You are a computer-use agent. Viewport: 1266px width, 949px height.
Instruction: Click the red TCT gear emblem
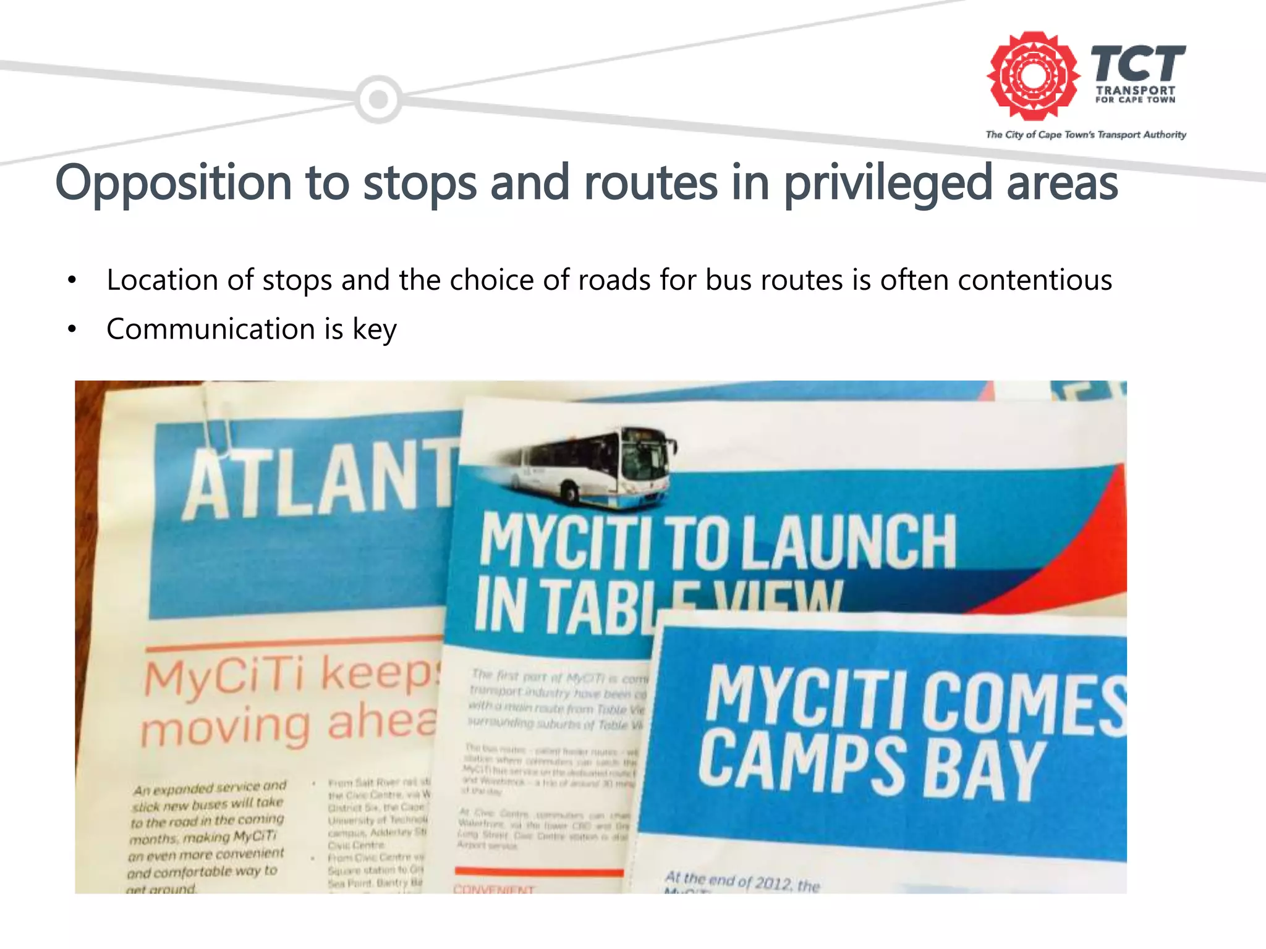point(1032,75)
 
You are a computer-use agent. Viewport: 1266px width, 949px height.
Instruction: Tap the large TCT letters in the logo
point(1137,63)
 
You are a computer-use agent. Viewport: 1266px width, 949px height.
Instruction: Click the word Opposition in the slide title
point(173,183)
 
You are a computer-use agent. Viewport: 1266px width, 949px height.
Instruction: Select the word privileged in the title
point(888,183)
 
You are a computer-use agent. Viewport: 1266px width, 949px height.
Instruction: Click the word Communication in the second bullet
point(210,329)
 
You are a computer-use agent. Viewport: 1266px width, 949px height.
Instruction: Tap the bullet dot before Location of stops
point(72,280)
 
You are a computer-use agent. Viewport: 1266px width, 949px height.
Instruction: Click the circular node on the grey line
point(378,99)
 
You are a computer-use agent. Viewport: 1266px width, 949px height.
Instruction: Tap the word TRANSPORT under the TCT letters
point(1136,90)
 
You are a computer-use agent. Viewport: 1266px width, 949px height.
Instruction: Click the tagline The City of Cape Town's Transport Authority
point(1085,135)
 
